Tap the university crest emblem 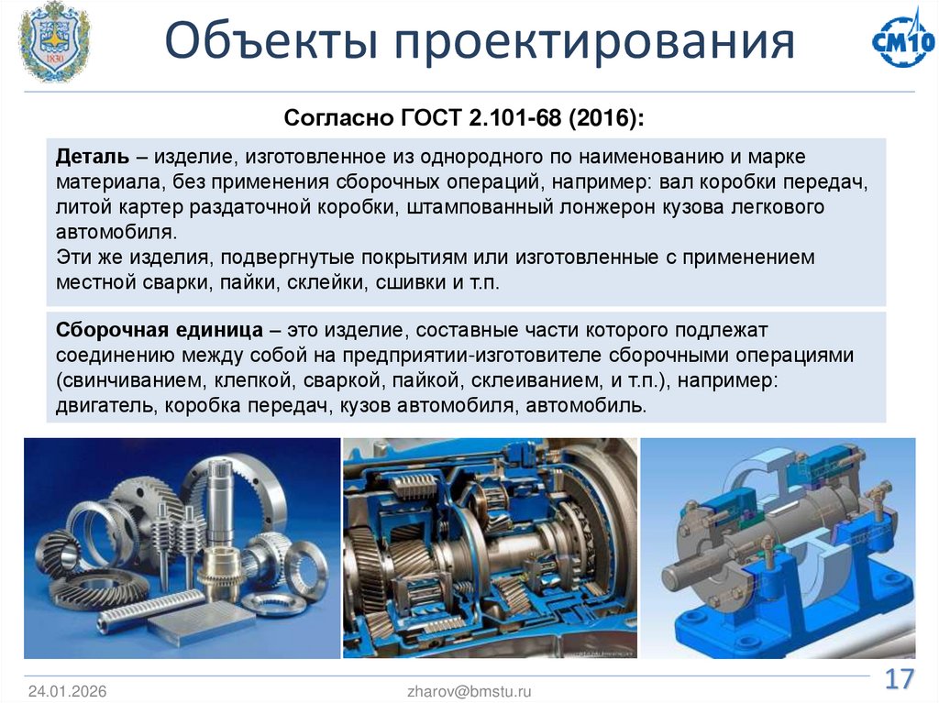(x=55, y=41)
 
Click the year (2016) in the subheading (x=604, y=119)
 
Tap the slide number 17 (x=899, y=680)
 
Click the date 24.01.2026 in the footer (x=67, y=692)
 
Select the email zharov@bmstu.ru (x=469, y=692)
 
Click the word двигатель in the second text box (x=107, y=405)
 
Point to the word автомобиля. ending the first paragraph (x=115, y=232)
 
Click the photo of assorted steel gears (x=182, y=547)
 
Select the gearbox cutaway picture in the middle (x=490, y=547)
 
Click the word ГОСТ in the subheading (x=432, y=119)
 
